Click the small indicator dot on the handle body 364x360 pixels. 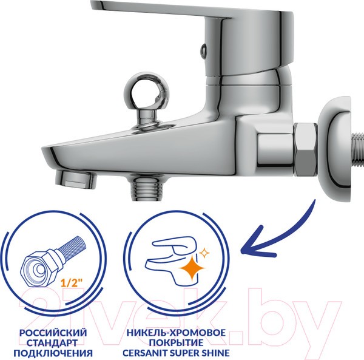203,51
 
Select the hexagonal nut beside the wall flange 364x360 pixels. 305,149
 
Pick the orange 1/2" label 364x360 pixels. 72,283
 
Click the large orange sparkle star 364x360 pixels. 192,268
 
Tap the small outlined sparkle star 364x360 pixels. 204,253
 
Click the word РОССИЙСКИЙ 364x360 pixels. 53,333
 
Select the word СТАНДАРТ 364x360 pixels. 52,342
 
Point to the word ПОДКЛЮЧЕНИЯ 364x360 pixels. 53,353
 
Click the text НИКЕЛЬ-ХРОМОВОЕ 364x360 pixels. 176,333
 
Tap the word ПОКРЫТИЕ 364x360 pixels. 176,342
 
